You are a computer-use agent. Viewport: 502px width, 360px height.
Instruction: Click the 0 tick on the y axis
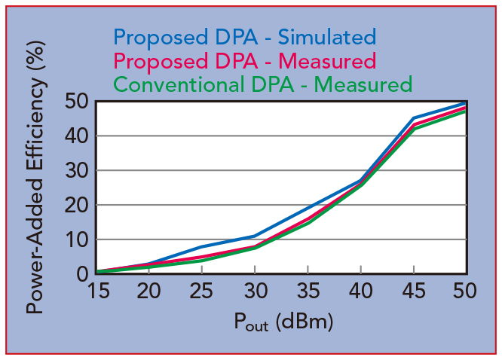point(81,274)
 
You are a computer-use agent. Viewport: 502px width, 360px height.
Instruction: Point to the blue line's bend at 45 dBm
point(413,118)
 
